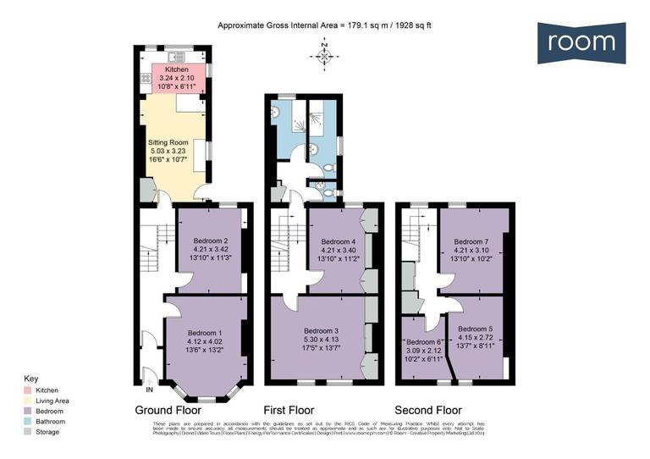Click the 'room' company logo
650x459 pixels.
(x=581, y=42)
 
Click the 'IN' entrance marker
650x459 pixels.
(x=150, y=390)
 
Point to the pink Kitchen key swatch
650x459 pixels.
(x=28, y=390)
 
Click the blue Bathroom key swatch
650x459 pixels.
(x=28, y=421)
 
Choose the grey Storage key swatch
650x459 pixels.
(x=28, y=431)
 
